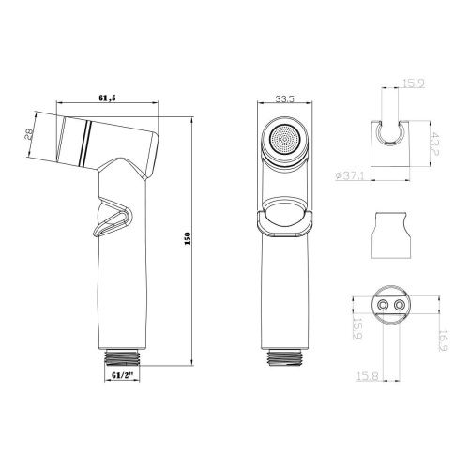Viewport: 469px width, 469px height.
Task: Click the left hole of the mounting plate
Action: [x=381, y=306]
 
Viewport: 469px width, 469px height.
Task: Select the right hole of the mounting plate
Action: [x=401, y=306]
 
